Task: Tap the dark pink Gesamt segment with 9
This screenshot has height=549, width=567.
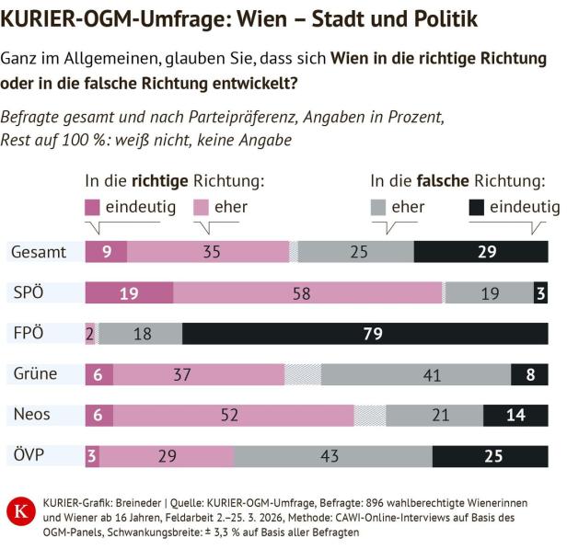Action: pyautogui.click(x=106, y=252)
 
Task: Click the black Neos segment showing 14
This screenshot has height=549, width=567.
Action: pyautogui.click(x=515, y=415)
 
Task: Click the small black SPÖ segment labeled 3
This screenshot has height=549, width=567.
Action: pyautogui.click(x=540, y=293)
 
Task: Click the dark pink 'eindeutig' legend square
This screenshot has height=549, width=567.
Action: pyautogui.click(x=92, y=207)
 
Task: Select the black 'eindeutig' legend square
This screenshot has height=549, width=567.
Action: pyautogui.click(x=477, y=207)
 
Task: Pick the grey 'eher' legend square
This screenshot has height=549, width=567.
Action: pyautogui.click(x=377, y=207)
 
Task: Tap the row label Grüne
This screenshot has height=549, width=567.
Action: pyautogui.click(x=35, y=374)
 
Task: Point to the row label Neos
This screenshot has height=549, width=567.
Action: pyautogui.click(x=32, y=415)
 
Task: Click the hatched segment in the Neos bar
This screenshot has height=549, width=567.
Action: pyautogui.click(x=369, y=415)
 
